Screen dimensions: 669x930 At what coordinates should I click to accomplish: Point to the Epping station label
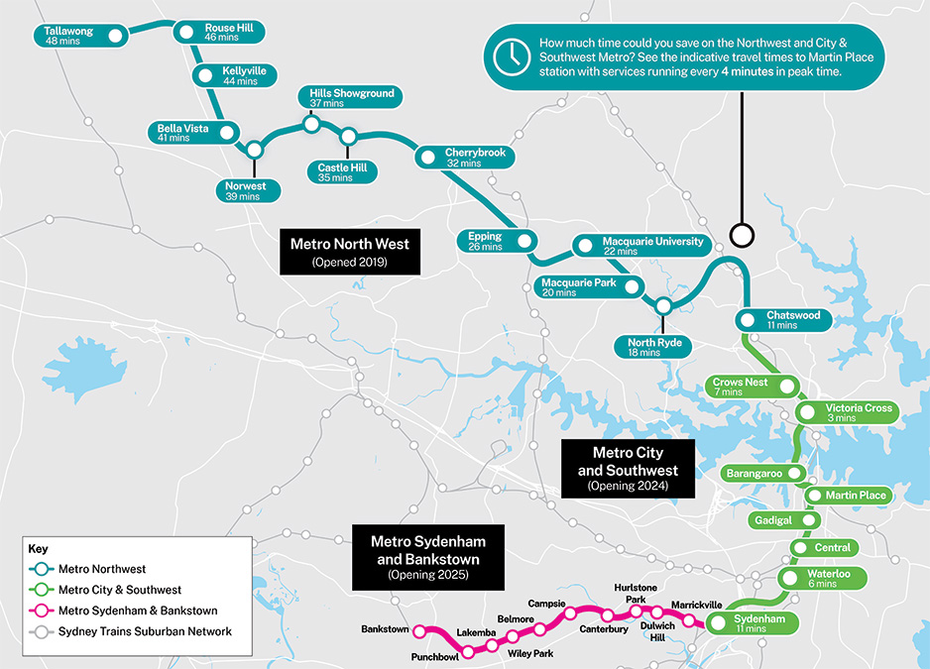tap(486, 241)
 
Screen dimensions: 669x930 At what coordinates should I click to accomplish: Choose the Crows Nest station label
tap(740, 387)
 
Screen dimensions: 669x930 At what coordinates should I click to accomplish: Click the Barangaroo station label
tap(753, 474)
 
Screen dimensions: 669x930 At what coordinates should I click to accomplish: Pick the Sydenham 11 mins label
tap(760, 623)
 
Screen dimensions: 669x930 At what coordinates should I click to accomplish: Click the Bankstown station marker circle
tap(420, 630)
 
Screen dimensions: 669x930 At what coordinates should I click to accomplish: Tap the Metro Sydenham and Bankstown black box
tap(426, 558)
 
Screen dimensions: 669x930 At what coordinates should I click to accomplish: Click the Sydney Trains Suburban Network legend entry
tap(145, 631)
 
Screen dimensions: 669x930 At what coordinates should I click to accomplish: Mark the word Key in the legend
tap(38, 548)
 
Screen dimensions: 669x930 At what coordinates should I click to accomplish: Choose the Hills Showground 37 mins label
tap(351, 97)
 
